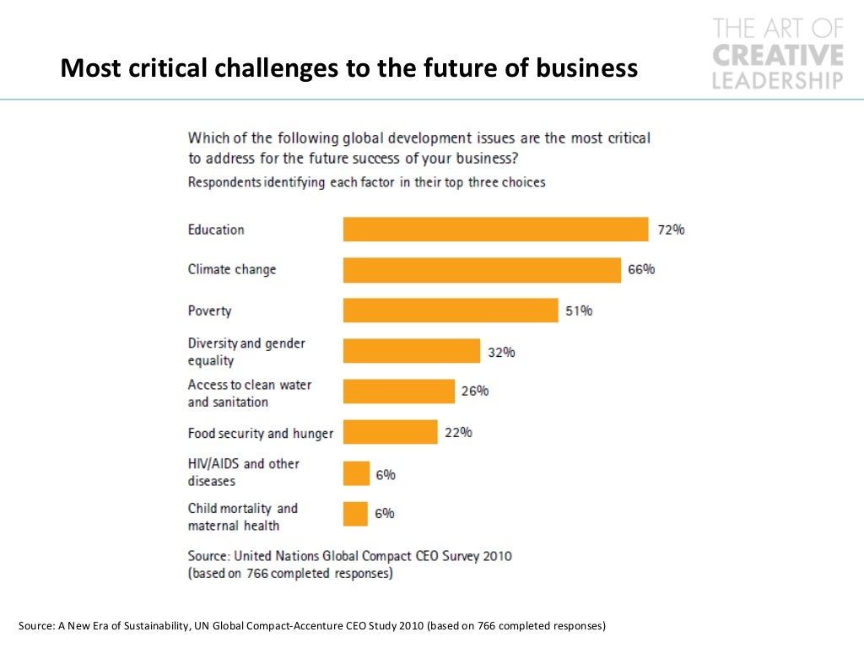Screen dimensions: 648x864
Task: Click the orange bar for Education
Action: (x=495, y=229)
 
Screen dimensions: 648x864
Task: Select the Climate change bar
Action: (x=482, y=270)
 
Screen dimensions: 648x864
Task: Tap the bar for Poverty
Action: (x=451, y=310)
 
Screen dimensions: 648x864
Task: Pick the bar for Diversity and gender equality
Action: (x=412, y=352)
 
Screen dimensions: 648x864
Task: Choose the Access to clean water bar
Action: (x=399, y=391)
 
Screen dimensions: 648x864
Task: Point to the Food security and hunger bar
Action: (x=390, y=433)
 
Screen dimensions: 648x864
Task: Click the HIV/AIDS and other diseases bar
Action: (x=356, y=474)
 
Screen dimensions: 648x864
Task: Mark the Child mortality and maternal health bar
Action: (x=356, y=514)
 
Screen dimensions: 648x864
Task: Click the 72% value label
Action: (x=671, y=229)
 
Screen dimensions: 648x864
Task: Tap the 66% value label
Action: (x=641, y=270)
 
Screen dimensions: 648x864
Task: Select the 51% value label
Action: (x=579, y=310)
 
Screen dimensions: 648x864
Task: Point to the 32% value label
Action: (x=501, y=352)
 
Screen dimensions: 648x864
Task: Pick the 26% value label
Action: (x=475, y=391)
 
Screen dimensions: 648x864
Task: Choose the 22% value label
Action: (x=458, y=433)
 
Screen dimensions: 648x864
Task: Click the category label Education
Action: (x=216, y=229)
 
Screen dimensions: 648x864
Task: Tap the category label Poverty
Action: (x=209, y=310)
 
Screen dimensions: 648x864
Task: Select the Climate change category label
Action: (x=232, y=270)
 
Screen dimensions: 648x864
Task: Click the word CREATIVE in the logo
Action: (x=778, y=56)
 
